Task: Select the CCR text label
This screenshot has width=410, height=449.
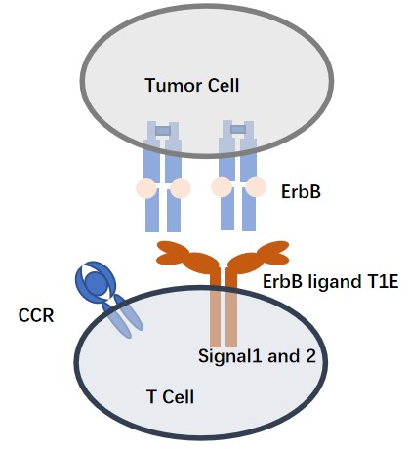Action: point(35,289)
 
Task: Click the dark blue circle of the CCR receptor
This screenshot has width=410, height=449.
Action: point(97,283)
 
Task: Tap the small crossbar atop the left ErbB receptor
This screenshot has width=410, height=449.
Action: point(163,130)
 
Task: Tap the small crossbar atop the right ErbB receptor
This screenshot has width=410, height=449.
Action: point(238,127)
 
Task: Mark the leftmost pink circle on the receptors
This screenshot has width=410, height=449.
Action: point(146,187)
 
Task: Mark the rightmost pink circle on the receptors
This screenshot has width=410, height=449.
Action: point(256,185)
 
